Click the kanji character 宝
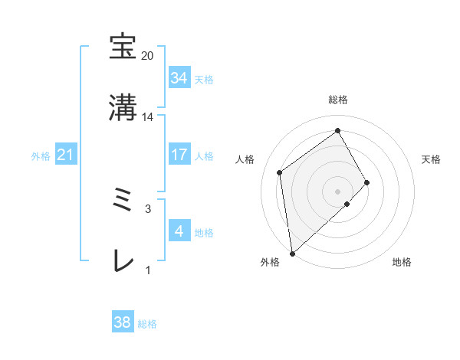click(x=123, y=47)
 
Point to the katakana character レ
click(x=123, y=262)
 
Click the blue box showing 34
click(x=179, y=78)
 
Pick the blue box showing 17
click(x=179, y=155)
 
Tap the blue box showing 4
click(x=179, y=231)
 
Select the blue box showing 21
click(x=66, y=155)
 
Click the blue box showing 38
click(x=123, y=322)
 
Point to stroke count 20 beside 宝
click(x=148, y=56)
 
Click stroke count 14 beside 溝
click(x=148, y=117)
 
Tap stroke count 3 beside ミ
click(x=148, y=208)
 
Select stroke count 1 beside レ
click(x=148, y=270)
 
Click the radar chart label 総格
click(x=338, y=100)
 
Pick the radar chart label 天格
click(x=432, y=159)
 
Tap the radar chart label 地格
click(x=402, y=263)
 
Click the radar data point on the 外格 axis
click(x=292, y=253)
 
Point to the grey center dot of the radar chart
click(x=338, y=190)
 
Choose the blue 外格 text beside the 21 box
click(x=41, y=156)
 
